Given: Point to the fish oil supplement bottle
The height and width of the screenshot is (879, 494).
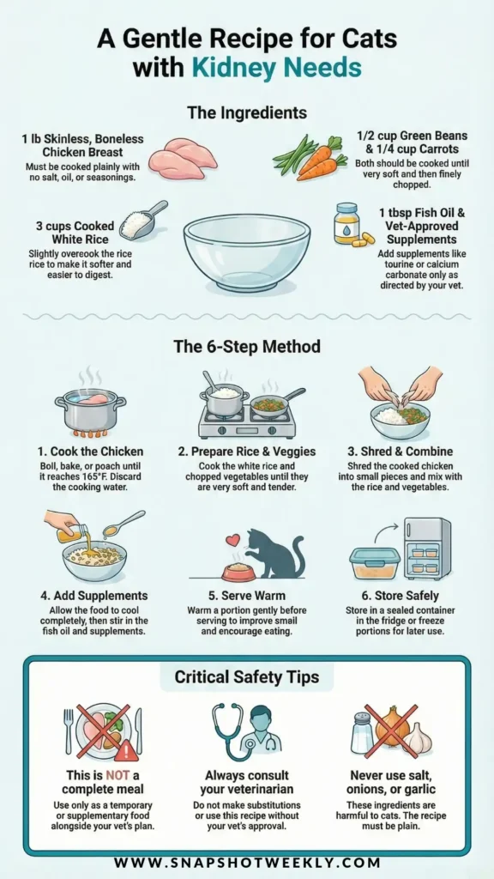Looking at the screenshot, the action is point(346,224).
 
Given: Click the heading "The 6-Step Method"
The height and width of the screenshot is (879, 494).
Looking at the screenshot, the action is point(247,346).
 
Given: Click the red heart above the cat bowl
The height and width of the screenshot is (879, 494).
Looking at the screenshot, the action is point(232,541).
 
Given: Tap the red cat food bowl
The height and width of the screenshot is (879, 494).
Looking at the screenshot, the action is point(239,573).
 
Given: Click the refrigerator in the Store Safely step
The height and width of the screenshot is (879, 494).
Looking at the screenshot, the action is point(427,549).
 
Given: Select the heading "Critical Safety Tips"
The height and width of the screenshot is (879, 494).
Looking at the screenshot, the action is point(247,676).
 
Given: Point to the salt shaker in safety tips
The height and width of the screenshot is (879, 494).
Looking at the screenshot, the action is point(363,732).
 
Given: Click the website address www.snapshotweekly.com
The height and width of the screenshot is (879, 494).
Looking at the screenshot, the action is point(247,862).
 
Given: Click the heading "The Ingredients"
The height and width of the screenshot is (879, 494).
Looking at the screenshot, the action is point(247,112).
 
